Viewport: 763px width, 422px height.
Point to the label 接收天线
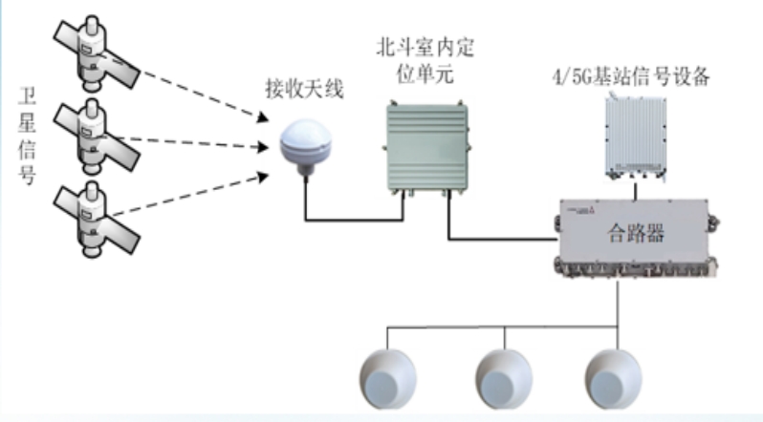pos(304,92)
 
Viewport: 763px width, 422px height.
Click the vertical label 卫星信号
pos(27,134)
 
